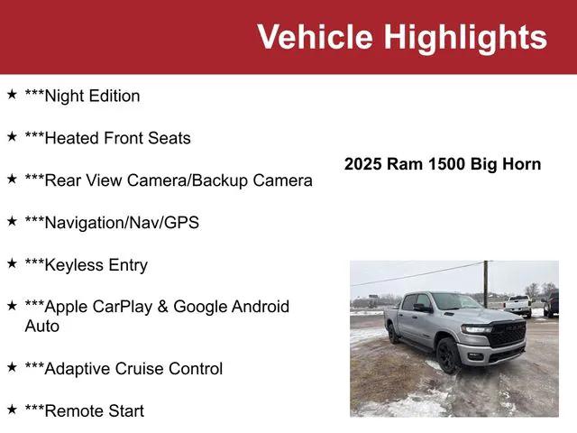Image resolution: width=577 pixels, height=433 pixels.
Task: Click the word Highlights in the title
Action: [465, 37]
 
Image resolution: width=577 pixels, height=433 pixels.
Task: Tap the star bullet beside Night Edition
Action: [12, 95]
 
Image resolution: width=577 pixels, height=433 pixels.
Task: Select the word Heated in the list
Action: [71, 138]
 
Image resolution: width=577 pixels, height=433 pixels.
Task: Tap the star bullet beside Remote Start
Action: [12, 410]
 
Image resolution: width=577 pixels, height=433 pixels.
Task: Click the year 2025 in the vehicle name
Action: [363, 164]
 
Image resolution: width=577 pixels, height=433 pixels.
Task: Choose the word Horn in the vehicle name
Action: [522, 164]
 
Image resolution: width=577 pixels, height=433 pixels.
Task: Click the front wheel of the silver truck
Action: [448, 355]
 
